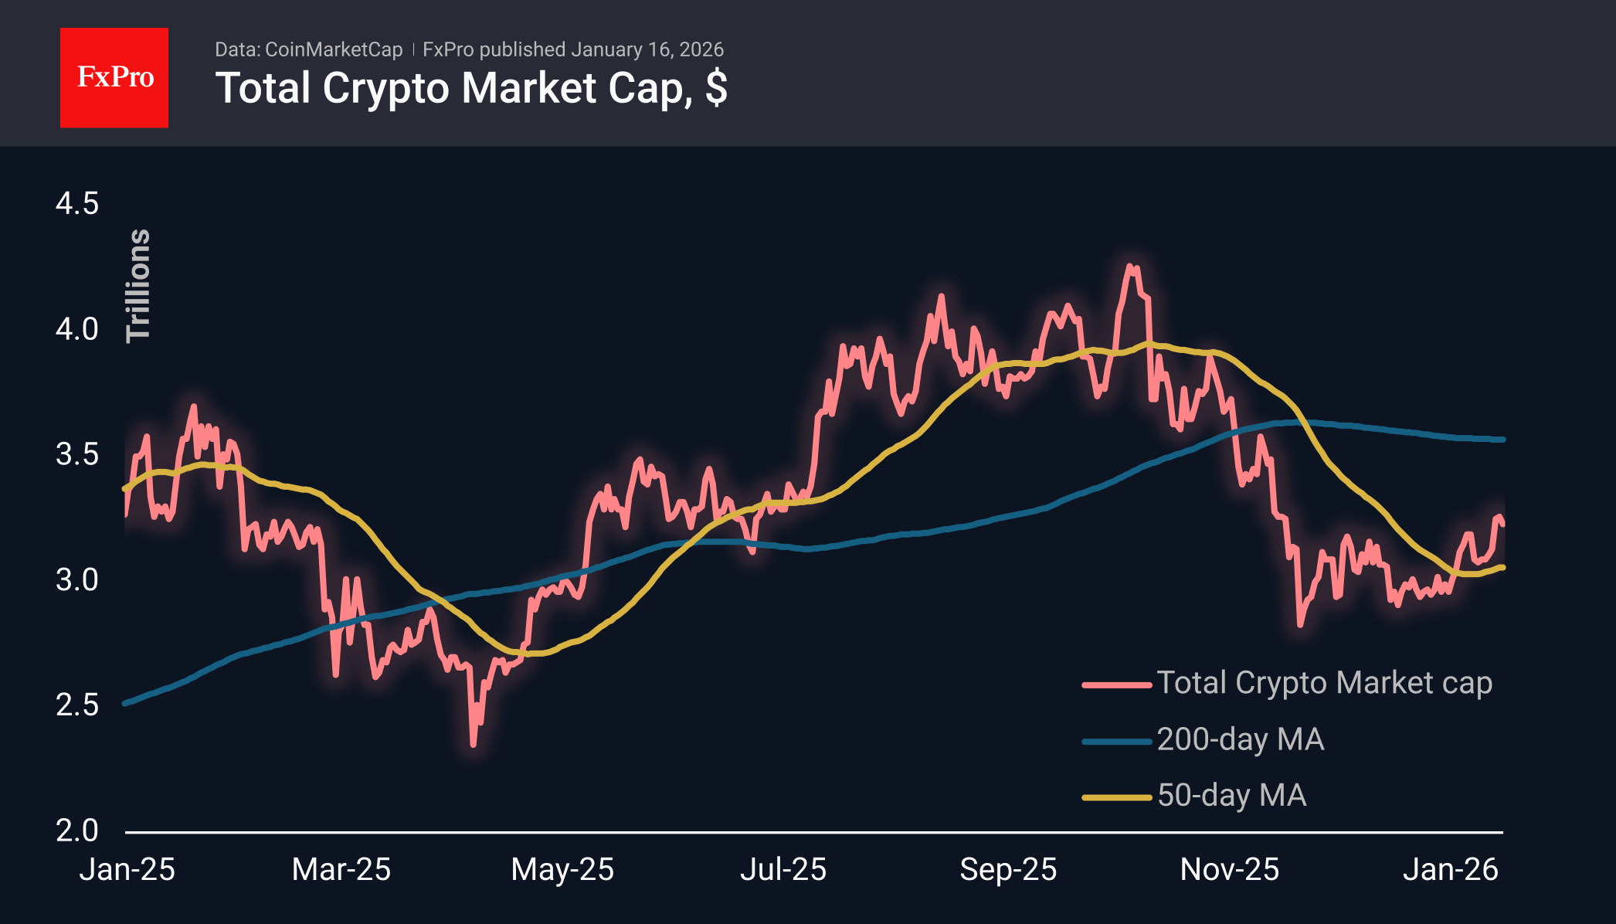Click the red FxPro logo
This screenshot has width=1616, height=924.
point(114,77)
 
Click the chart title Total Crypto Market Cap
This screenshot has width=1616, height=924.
point(471,88)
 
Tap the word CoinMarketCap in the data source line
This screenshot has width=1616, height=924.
point(334,49)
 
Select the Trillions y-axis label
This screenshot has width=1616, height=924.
point(138,285)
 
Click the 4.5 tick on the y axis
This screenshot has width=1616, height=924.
point(77,204)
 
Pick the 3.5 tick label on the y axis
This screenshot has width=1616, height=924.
point(77,454)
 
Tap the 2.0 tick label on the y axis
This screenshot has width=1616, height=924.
point(77,831)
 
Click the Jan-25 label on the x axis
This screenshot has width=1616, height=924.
point(127,870)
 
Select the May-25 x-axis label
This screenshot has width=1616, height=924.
point(562,870)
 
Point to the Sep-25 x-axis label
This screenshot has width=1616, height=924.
point(1008,870)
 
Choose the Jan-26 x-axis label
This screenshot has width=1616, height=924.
point(1451,870)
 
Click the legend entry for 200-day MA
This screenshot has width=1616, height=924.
point(1240,739)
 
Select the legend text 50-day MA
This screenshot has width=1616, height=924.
point(1231,796)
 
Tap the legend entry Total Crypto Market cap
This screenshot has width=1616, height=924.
point(1324,683)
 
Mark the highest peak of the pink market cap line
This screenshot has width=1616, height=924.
point(1131,267)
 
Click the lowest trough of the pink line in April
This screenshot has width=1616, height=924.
point(474,744)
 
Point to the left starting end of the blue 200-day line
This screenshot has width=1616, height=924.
point(126,703)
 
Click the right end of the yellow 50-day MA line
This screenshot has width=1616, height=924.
point(1502,568)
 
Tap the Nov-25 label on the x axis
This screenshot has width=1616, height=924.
point(1230,870)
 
